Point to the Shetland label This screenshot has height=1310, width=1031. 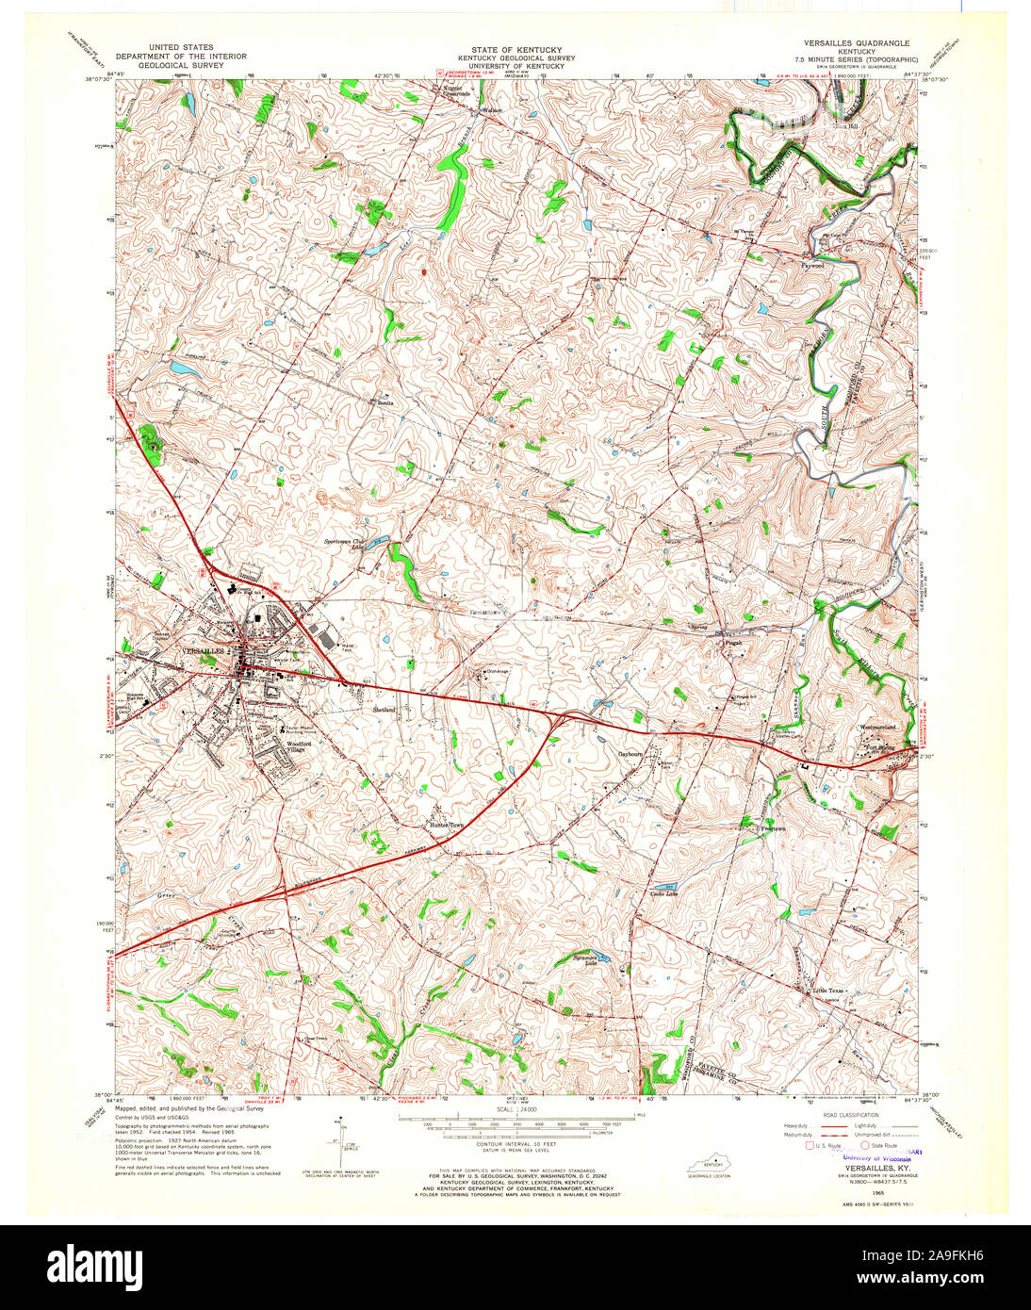[x=385, y=709]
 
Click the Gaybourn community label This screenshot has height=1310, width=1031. [x=630, y=754]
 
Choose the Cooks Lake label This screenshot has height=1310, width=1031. [x=663, y=893]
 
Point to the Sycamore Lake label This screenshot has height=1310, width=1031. [x=590, y=961]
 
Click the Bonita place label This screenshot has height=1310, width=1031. [x=385, y=401]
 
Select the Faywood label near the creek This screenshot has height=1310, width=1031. [x=812, y=266]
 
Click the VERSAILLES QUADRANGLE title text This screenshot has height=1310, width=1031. [x=857, y=43]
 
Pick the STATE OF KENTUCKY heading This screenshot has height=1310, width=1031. [x=516, y=49]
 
